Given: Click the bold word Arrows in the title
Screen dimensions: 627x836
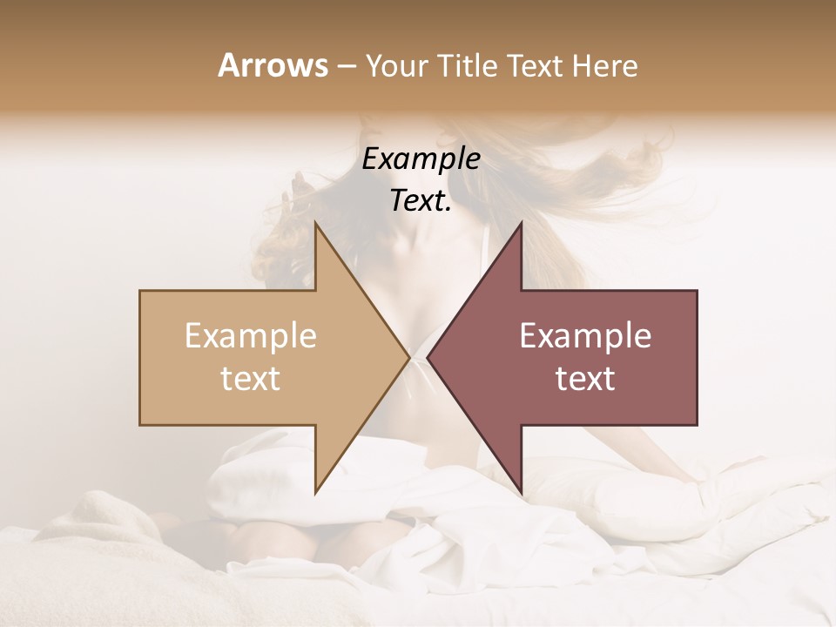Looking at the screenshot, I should point(272,66).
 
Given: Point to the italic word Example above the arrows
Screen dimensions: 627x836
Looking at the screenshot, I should point(421,159).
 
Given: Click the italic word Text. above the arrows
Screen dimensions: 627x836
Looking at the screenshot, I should point(421,201).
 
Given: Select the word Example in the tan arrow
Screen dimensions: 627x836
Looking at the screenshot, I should point(251,336).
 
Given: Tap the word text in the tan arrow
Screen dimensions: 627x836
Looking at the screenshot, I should point(251,379).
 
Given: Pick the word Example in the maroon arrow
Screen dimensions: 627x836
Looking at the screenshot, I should point(585,336).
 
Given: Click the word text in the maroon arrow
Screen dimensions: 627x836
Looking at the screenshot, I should point(585,379).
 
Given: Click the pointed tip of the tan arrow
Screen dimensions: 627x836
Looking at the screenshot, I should point(408,357).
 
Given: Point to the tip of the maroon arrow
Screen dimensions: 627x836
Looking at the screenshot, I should point(428,357).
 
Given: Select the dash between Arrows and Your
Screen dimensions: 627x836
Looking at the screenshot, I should point(347,67).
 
